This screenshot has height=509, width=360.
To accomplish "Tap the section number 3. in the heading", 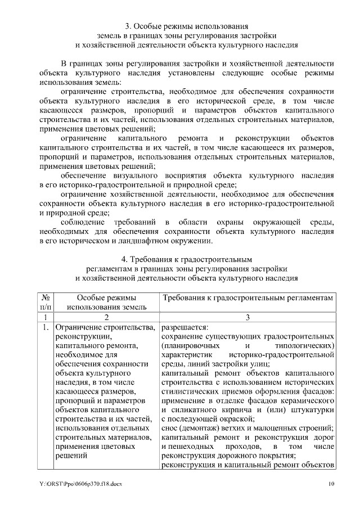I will [128, 26].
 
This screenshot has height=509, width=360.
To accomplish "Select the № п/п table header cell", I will [44, 301].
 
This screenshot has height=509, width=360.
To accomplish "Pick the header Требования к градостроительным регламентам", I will [248, 297].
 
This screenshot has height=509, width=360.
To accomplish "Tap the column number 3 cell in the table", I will [248, 317].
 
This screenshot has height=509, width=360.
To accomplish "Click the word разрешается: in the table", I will [184, 327].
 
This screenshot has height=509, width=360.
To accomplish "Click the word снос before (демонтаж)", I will [170, 428].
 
